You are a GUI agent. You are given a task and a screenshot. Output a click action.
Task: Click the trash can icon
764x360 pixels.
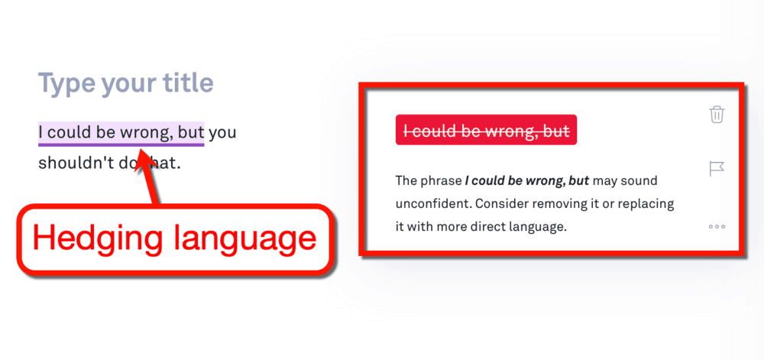point(717,115)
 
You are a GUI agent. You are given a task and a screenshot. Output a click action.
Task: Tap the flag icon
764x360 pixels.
point(717,169)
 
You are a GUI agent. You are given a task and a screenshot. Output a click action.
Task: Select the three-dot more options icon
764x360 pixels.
point(717,226)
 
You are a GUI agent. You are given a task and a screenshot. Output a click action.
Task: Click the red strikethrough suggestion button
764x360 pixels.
point(486,130)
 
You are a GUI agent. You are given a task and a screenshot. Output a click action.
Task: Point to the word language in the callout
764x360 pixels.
point(244,238)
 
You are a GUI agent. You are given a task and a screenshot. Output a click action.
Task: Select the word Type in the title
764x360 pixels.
point(66,84)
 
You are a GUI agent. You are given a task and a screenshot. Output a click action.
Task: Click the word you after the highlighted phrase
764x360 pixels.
point(222,133)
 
